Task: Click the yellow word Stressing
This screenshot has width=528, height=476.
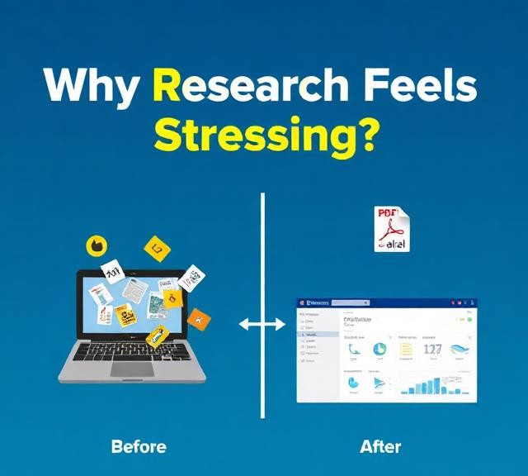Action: [255, 134]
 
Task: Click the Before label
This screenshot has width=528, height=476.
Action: [139, 447]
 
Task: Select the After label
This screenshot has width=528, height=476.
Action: [380, 447]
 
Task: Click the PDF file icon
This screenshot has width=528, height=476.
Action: [393, 229]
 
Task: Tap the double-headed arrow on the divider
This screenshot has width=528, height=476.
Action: [262, 325]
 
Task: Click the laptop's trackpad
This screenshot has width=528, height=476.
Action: [132, 369]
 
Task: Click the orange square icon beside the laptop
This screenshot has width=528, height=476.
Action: [198, 318]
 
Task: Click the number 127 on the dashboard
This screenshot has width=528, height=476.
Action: [433, 350]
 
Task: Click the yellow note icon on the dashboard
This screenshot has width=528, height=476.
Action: [406, 350]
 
